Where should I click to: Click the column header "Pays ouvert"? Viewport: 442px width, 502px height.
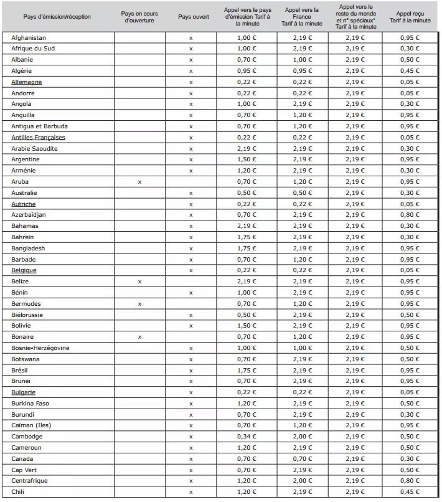coord(190,17)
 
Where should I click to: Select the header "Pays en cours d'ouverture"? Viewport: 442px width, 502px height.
coord(139,17)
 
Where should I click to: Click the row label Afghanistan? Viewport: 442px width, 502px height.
coord(29,38)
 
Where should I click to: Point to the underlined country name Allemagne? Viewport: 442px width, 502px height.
coord(27,82)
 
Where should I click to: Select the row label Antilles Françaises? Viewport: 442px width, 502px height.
coord(38,138)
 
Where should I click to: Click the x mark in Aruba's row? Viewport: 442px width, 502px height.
coord(139,182)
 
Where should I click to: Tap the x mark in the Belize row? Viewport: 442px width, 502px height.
coord(139,282)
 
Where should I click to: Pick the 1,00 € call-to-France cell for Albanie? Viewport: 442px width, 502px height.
coord(303,60)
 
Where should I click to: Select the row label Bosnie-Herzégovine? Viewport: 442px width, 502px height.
coord(40,348)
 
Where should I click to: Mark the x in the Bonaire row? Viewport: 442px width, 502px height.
coord(139,337)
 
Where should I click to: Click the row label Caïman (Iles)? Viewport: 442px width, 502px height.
coord(31,425)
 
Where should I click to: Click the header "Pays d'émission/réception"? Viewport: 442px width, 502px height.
coord(57,17)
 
